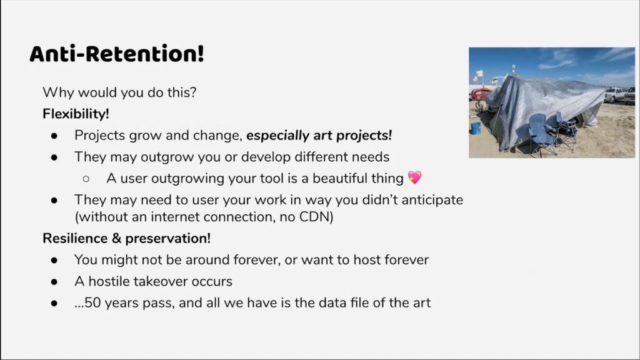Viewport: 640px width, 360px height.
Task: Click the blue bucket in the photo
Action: (476, 128)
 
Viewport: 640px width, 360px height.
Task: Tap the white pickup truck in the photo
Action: (614, 95)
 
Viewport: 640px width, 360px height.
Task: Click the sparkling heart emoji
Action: (415, 177)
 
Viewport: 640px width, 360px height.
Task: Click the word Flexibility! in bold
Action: (76, 114)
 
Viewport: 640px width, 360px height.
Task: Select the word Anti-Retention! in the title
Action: (117, 54)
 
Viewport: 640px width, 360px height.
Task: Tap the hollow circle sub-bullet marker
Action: (86, 178)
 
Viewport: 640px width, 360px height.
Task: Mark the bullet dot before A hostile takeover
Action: (54, 282)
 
